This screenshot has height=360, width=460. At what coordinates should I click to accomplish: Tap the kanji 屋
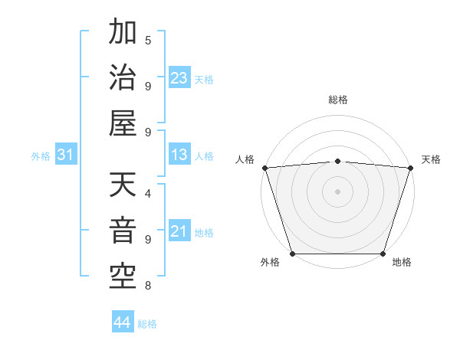123,123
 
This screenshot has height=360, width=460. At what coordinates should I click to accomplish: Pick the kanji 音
123,231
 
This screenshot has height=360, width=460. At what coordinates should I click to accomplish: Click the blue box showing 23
179,78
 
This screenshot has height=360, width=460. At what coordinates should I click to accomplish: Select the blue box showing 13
179,155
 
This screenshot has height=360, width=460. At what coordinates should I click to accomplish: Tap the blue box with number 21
179,231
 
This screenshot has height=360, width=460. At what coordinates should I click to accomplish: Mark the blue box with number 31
66,155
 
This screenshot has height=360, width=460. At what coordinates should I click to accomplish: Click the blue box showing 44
122,322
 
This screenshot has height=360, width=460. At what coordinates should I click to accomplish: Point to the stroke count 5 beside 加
148,40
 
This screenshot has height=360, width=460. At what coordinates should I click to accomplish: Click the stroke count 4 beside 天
148,192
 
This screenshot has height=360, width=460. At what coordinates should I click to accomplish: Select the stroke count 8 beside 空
148,286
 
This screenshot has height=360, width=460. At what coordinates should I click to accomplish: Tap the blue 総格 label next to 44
147,324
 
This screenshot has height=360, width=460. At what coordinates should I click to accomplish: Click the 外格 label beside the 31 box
41,156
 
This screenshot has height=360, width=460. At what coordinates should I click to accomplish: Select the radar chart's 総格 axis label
337,100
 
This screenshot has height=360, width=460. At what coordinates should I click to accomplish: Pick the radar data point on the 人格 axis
264,168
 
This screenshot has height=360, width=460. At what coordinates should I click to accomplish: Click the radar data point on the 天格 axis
410,168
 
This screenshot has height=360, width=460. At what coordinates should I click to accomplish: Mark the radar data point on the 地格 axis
383,254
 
